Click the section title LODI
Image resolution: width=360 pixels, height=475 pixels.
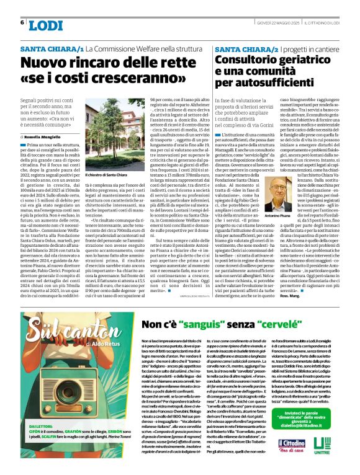click(46, 25)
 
